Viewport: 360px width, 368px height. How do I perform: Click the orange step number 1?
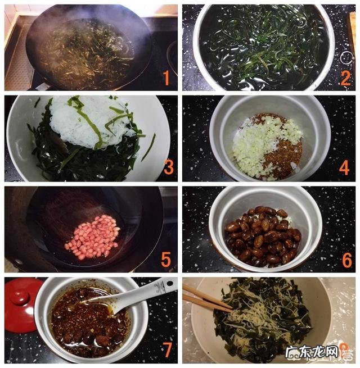tap(166, 78)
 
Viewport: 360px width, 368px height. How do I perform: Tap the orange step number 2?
tap(345, 78)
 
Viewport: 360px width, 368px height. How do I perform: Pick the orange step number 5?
tap(166, 259)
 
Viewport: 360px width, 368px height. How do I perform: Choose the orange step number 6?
tap(345, 259)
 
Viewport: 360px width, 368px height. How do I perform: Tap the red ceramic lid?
tap(21, 303)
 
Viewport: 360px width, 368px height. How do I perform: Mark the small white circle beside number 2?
tap(348, 57)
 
